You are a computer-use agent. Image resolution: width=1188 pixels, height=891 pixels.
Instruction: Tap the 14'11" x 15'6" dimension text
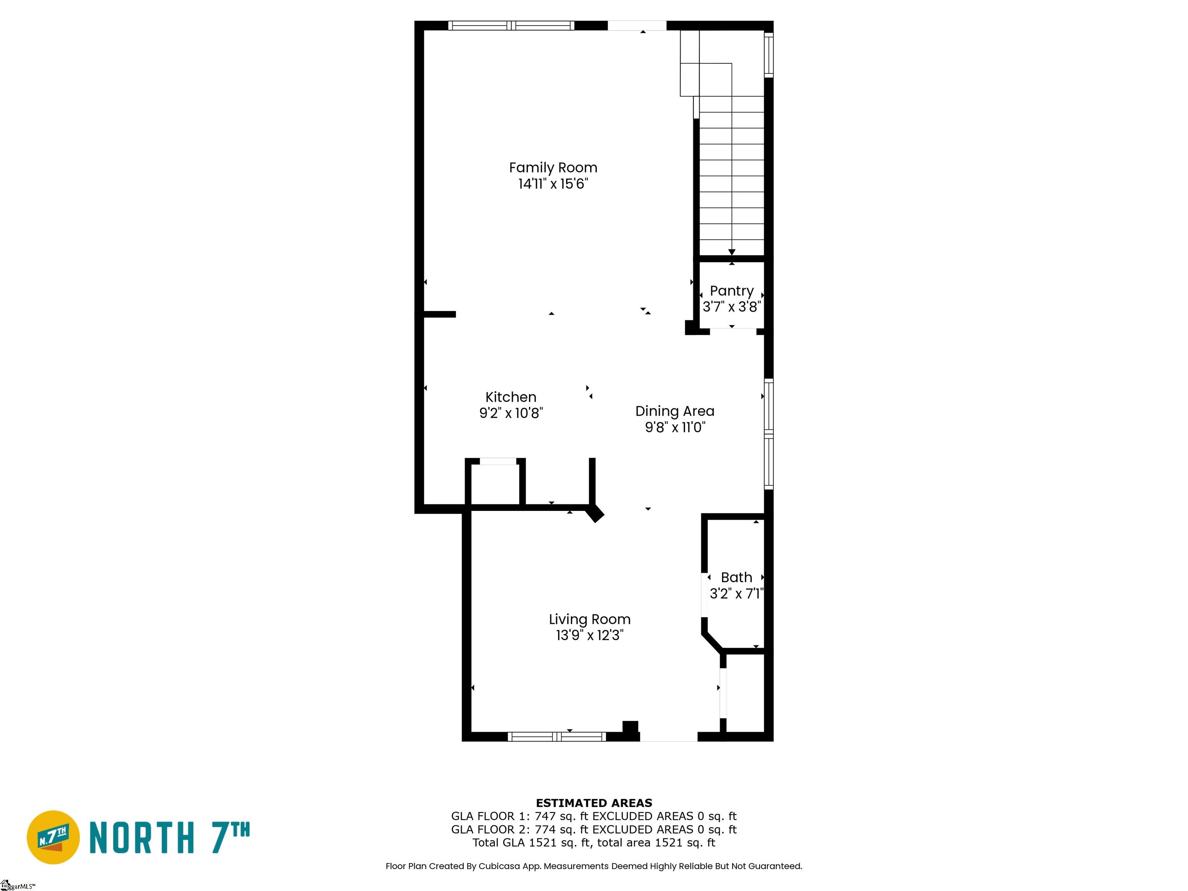(553, 184)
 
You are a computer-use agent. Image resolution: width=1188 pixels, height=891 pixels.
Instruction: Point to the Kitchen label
(511, 397)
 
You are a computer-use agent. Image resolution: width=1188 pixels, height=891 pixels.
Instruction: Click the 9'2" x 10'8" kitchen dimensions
(511, 413)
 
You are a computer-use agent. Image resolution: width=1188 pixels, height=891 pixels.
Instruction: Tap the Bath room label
(736, 577)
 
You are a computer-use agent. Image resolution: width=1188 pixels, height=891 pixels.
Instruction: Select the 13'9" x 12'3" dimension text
(590, 635)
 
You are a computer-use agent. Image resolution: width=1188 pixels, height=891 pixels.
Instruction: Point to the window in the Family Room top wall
(511, 25)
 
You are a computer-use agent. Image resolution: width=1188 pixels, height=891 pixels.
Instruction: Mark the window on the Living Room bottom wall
(557, 737)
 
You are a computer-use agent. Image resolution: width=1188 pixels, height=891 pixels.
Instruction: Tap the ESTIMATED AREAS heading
(594, 803)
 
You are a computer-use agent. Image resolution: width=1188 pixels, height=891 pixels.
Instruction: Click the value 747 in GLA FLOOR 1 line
(545, 816)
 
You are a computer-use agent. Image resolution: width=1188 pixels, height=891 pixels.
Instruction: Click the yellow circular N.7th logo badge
(53, 837)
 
